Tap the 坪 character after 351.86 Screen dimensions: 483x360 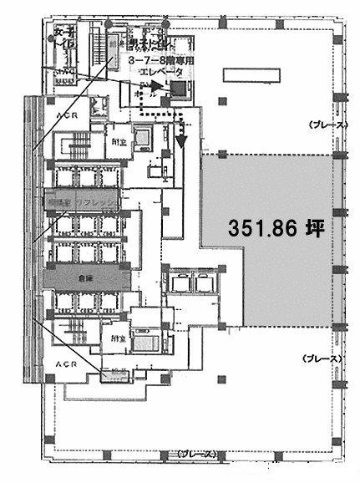312,228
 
